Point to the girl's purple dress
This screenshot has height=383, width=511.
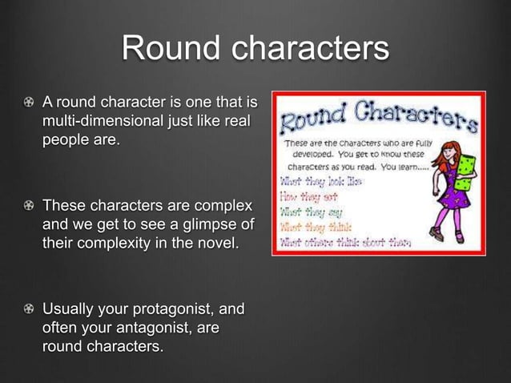coord(443,192)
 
